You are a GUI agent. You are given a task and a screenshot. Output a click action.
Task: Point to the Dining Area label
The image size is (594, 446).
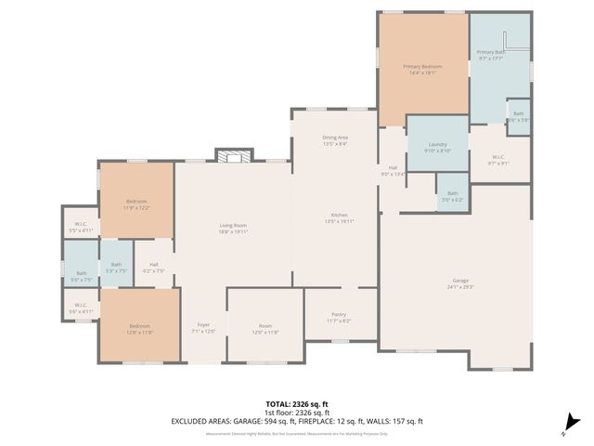335,140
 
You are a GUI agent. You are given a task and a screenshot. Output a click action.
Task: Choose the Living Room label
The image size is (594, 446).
232,229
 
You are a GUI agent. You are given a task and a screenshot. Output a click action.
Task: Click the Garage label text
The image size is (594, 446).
458,284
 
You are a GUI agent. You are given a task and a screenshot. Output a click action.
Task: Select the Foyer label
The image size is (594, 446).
202,328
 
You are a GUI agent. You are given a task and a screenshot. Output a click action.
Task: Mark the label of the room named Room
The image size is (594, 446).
265,328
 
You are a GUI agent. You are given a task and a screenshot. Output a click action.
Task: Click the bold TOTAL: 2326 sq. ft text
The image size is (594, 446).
297,403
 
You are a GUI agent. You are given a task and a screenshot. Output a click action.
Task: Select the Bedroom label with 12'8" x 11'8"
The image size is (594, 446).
139,328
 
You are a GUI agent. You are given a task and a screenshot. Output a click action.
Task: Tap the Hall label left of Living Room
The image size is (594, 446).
153,268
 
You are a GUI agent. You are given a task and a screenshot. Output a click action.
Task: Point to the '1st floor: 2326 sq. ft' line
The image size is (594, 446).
297,412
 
